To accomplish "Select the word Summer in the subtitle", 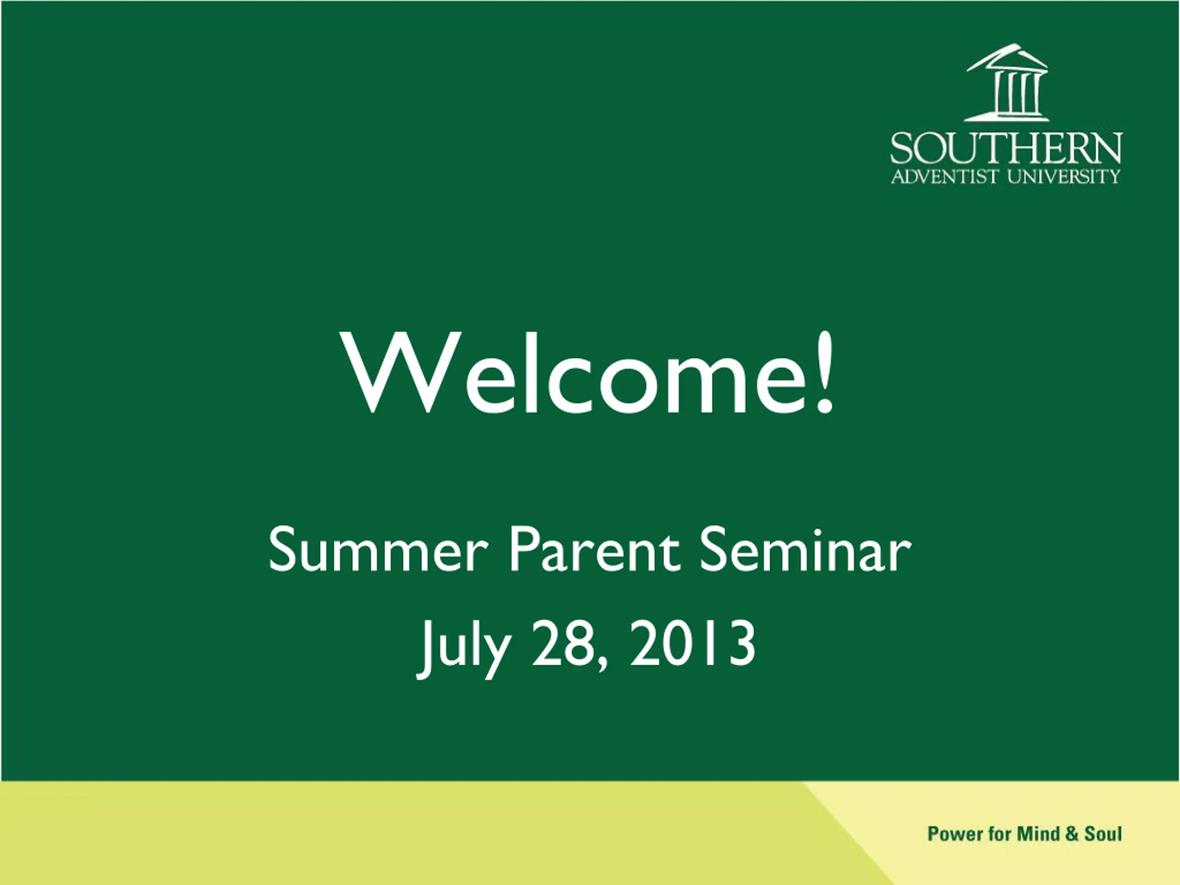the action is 378,550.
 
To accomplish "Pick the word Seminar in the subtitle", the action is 805,550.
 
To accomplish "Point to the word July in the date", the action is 464,647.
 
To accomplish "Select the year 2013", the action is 692,644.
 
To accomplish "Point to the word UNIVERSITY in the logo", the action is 1064,176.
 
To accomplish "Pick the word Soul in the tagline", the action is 1103,833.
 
